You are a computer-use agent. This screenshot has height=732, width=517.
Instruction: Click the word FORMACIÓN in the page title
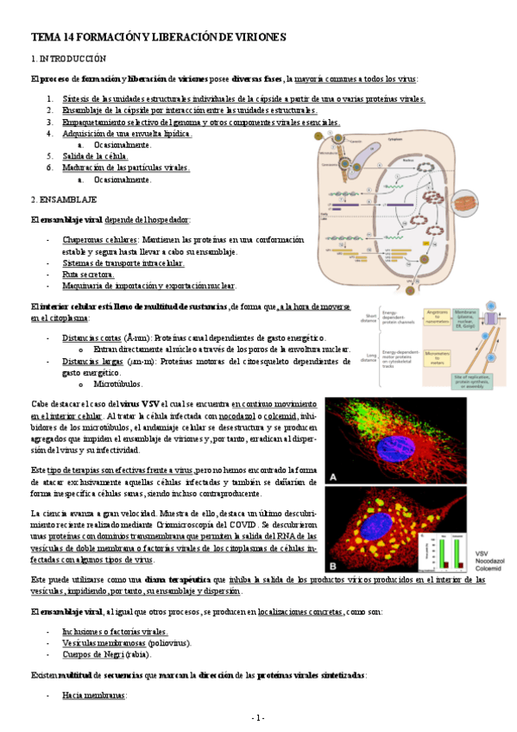(x=105, y=37)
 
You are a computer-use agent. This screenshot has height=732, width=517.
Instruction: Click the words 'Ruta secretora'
(x=88, y=274)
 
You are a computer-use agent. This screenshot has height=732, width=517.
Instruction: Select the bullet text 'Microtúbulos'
(x=118, y=383)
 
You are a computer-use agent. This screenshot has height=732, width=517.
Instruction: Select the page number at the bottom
(x=258, y=717)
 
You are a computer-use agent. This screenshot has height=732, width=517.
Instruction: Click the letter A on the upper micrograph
(x=334, y=475)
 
